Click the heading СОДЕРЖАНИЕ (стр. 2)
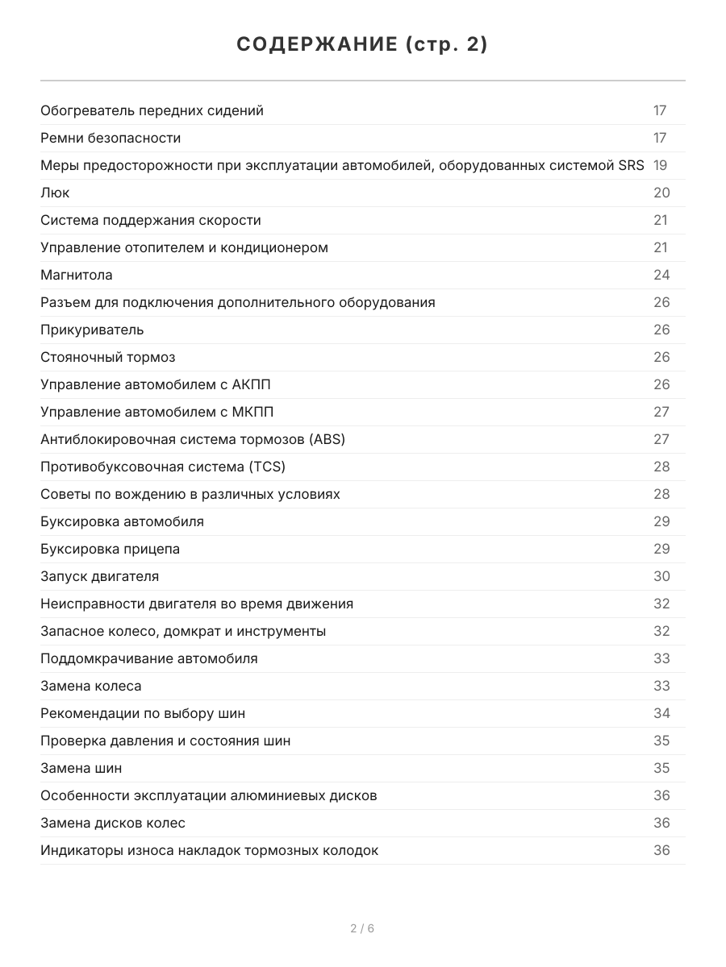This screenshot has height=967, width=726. [362, 45]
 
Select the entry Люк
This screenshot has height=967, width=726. [55, 193]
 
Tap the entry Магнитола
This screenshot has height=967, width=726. [77, 275]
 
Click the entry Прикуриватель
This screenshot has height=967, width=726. [92, 330]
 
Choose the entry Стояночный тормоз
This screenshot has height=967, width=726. [107, 357]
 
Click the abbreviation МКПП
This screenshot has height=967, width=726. [252, 412]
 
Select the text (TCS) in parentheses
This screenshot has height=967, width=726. [268, 467]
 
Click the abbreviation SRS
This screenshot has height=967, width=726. [630, 165]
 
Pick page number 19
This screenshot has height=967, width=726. [660, 165]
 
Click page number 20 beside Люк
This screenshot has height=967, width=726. [661, 193]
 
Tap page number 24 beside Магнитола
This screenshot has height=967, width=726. [661, 275]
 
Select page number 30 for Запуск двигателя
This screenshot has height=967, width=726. [661, 576]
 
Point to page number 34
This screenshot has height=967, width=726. [661, 713]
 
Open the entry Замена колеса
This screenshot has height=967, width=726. [90, 686]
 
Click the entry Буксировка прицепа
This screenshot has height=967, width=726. [110, 549]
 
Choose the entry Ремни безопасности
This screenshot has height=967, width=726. [111, 138]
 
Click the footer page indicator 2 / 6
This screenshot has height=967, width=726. [362, 928]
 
